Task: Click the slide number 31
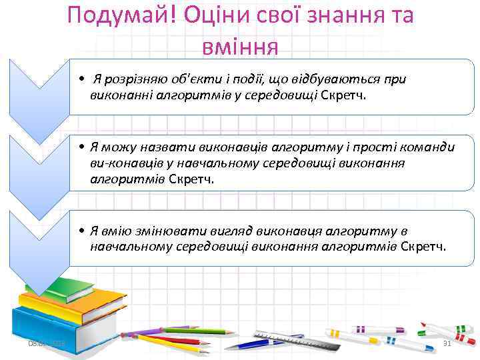447,343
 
